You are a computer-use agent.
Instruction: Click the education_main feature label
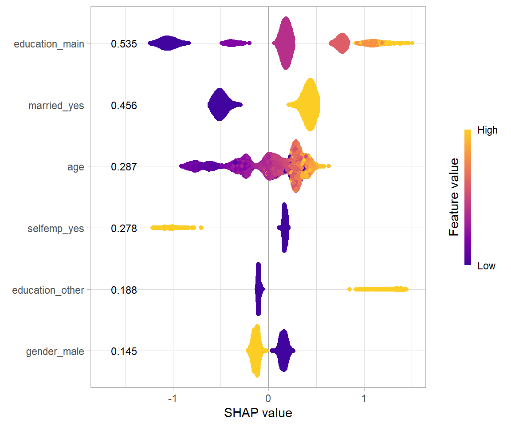tap(49, 44)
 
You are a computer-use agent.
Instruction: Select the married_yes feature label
tap(56, 106)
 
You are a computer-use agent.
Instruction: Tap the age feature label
tap(75, 167)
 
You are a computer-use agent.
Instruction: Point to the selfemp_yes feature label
tap(55, 229)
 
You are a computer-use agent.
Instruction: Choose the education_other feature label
tap(48, 290)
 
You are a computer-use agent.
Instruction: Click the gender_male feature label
tap(55, 352)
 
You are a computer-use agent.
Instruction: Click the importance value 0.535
tap(124, 44)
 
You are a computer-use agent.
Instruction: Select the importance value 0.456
tap(124, 106)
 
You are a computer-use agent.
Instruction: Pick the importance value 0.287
tap(124, 167)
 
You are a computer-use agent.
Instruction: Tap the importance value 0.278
tap(124, 229)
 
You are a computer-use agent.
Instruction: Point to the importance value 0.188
tap(124, 290)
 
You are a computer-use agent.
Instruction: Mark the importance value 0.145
tap(124, 352)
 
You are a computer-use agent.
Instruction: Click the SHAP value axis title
tap(258, 413)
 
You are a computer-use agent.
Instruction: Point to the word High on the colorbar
tap(487, 130)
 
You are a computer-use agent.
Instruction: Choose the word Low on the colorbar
tap(486, 266)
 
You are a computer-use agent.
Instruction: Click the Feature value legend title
tap(453, 197)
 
